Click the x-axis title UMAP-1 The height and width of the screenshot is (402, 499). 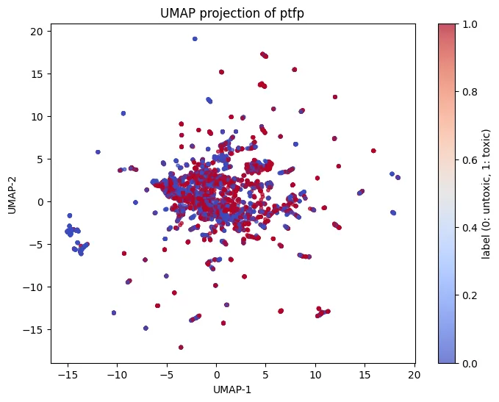coord(232,390)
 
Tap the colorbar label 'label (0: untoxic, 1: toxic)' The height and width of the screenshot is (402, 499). coord(486,193)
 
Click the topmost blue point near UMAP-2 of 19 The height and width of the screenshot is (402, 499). coord(195,39)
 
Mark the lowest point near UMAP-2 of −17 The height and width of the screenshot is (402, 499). coord(181,347)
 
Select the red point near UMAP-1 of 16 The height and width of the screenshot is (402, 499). coord(373,151)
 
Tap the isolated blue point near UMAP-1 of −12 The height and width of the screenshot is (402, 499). coord(98,152)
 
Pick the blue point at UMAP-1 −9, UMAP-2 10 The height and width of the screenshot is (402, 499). coord(123,113)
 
